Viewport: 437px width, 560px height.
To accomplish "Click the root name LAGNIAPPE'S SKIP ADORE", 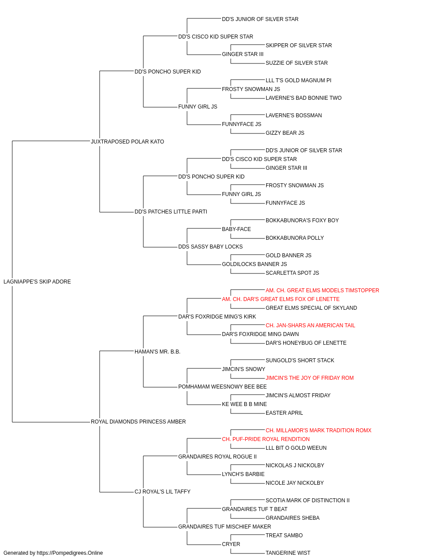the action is pyautogui.click(x=37, y=282).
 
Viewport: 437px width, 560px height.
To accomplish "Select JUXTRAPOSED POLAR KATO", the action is pyautogui.click(x=128, y=142).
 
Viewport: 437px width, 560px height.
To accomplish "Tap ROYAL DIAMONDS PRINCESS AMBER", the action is pyautogui.click(x=138, y=422).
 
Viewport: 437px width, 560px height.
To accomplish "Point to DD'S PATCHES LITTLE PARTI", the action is pyautogui.click(x=170, y=212).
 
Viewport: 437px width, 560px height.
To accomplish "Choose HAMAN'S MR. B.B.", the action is pyautogui.click(x=157, y=352).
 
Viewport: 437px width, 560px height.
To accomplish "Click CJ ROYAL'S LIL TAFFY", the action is pyautogui.click(x=163, y=492).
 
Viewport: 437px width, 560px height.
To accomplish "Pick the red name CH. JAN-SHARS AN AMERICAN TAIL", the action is pyautogui.click(x=310, y=325).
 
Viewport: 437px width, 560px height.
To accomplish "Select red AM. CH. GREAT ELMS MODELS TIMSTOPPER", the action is pyautogui.click(x=322, y=290).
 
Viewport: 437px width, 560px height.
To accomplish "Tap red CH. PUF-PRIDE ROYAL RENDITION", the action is pyautogui.click(x=266, y=439).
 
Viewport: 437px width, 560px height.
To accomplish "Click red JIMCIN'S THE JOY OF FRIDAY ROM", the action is pyautogui.click(x=309, y=378).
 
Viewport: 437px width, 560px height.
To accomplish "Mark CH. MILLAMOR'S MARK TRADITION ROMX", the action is pyautogui.click(x=319, y=430).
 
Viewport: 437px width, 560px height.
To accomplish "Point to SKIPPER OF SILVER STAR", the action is pyautogui.click(x=298, y=45).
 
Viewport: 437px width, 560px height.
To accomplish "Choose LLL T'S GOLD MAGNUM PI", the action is pyautogui.click(x=298, y=80).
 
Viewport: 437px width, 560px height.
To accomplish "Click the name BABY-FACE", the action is pyautogui.click(x=236, y=229).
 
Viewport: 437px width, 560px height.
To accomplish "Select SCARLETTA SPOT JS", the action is pyautogui.click(x=292, y=273).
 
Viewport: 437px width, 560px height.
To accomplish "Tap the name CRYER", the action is pyautogui.click(x=231, y=544).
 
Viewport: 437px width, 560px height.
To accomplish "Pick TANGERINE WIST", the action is pyautogui.click(x=288, y=553).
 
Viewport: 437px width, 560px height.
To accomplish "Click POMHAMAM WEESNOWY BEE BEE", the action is pyautogui.click(x=222, y=387).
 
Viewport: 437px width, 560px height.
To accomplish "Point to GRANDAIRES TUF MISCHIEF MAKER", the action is pyautogui.click(x=225, y=527).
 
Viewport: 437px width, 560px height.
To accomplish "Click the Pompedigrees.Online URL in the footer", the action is pyautogui.click(x=69, y=553).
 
